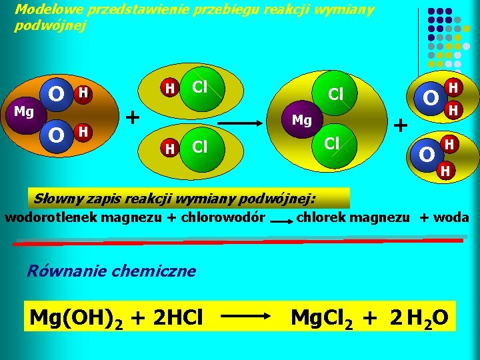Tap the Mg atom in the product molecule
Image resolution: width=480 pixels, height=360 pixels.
(x=302, y=120)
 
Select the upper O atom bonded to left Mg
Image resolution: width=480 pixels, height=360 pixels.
(x=57, y=93)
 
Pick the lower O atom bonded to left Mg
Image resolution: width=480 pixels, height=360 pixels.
(x=57, y=135)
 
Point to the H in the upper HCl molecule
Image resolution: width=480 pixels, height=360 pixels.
(x=170, y=88)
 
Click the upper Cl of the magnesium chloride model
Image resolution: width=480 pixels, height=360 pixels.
(x=335, y=95)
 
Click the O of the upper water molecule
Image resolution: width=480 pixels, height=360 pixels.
(x=431, y=99)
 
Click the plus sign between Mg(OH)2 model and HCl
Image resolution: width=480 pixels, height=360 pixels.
(x=133, y=117)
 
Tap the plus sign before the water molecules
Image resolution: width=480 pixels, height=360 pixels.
(x=401, y=124)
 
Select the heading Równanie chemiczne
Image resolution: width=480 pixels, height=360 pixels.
(x=111, y=271)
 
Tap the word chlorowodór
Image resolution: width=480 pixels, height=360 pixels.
(x=227, y=218)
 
